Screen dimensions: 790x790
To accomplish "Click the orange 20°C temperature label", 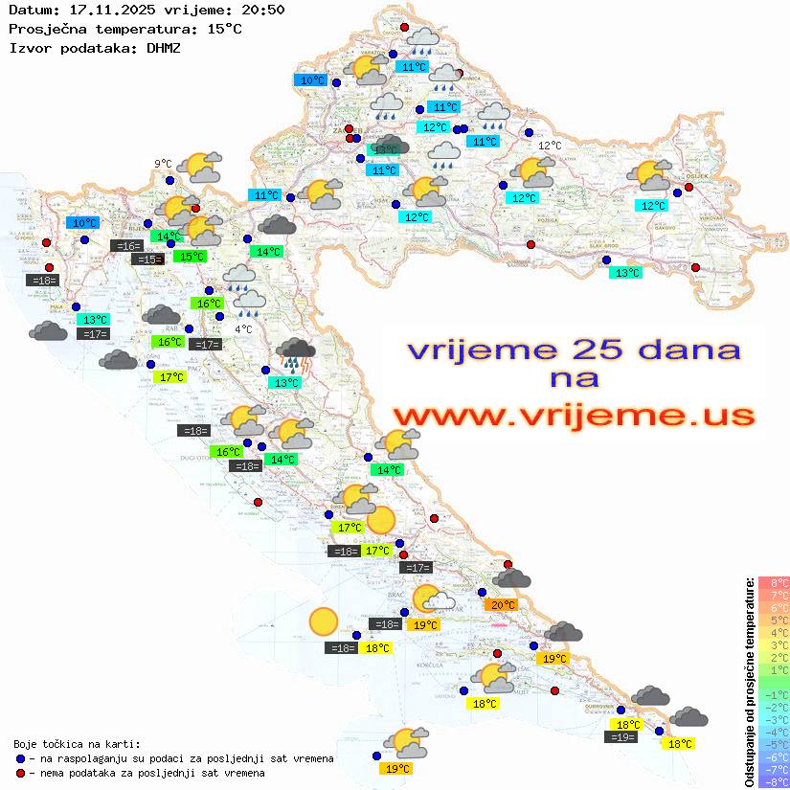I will click(x=502, y=604).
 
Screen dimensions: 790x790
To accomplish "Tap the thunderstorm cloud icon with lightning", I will click(x=296, y=354).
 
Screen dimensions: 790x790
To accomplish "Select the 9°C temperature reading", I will click(x=163, y=164).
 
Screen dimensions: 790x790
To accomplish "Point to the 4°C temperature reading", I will click(x=243, y=329).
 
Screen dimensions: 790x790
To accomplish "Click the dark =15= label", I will click(x=147, y=260).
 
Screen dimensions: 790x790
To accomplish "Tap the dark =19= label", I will click(x=621, y=736).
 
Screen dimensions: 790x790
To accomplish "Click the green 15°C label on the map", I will click(x=191, y=256).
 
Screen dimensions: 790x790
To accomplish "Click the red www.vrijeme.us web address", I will click(x=574, y=417).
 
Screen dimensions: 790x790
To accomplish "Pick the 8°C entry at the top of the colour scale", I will click(x=774, y=582).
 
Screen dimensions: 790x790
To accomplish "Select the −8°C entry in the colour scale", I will click(x=774, y=781).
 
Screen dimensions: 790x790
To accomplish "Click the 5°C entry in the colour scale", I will click(x=774, y=620).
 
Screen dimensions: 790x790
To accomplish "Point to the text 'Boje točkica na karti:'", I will click(x=77, y=744).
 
